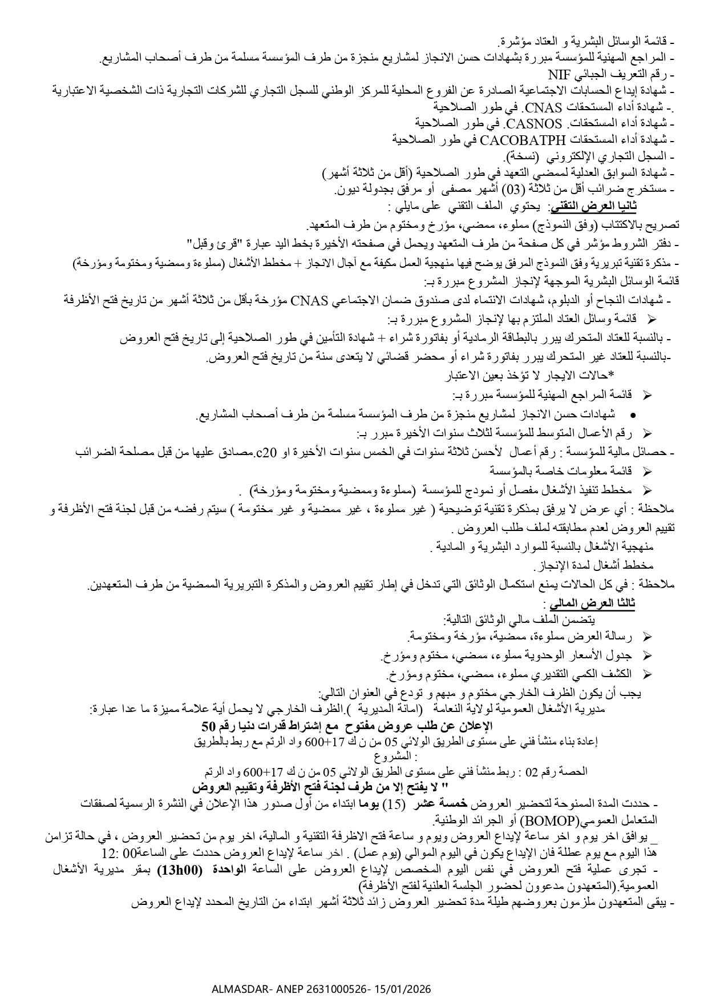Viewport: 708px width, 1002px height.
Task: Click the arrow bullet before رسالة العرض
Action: (x=646, y=636)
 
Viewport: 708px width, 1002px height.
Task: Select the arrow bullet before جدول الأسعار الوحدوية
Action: (x=646, y=655)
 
